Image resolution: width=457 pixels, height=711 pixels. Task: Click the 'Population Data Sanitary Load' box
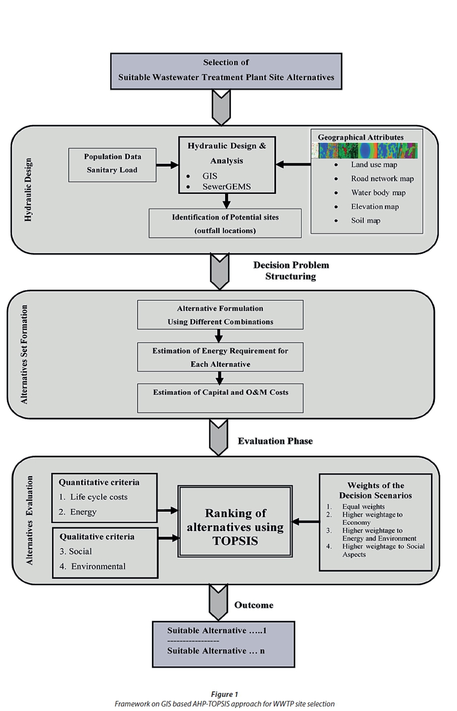coord(112,164)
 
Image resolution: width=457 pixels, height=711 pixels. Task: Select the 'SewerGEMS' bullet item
coord(226,187)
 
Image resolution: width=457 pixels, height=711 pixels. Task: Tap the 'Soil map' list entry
coord(365,221)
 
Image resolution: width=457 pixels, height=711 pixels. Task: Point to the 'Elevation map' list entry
coord(374,207)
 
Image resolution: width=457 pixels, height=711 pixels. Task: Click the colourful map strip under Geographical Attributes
coord(364,150)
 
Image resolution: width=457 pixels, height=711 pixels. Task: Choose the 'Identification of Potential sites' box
coord(225,223)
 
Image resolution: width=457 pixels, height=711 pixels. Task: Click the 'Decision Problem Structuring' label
coord(291,271)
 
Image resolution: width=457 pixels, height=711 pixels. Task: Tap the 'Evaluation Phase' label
coord(275,441)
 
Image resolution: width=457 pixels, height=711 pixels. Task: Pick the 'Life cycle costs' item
coord(99,497)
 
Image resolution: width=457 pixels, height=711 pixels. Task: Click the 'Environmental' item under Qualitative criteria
coord(98,567)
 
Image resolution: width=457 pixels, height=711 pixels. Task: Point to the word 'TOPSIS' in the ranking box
coord(235,541)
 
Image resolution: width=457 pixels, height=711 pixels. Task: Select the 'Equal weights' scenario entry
coord(363,507)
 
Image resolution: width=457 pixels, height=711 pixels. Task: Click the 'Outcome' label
coord(254,605)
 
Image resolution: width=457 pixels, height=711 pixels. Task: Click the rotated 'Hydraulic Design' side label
coord(28,190)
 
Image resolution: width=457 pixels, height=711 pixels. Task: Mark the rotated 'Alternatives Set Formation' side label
coord(24,354)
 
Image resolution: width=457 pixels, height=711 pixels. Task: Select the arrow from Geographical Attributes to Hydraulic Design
coord(293,164)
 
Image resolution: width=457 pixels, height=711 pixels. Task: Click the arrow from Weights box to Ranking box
coord(306,522)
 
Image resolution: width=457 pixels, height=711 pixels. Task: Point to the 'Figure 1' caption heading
coord(224,694)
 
